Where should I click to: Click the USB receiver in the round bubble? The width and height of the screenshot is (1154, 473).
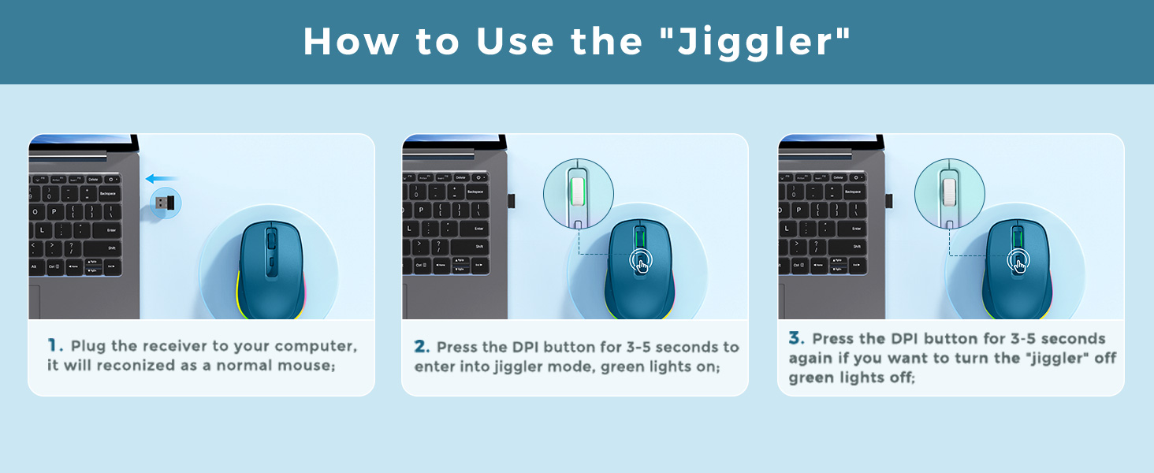(164, 203)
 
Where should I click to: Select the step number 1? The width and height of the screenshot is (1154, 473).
(54, 345)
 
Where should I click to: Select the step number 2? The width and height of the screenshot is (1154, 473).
(422, 347)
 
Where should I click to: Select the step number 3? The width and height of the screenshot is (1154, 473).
(796, 338)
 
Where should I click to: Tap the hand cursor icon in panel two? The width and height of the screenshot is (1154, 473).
(642, 263)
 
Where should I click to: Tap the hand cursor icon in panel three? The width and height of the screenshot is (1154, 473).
(1018, 263)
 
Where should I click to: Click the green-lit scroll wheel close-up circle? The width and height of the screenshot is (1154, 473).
(579, 193)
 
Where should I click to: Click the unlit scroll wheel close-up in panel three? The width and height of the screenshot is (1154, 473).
(950, 193)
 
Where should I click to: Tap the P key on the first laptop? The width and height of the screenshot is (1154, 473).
(54, 212)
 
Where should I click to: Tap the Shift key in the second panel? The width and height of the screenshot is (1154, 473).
(479, 247)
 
